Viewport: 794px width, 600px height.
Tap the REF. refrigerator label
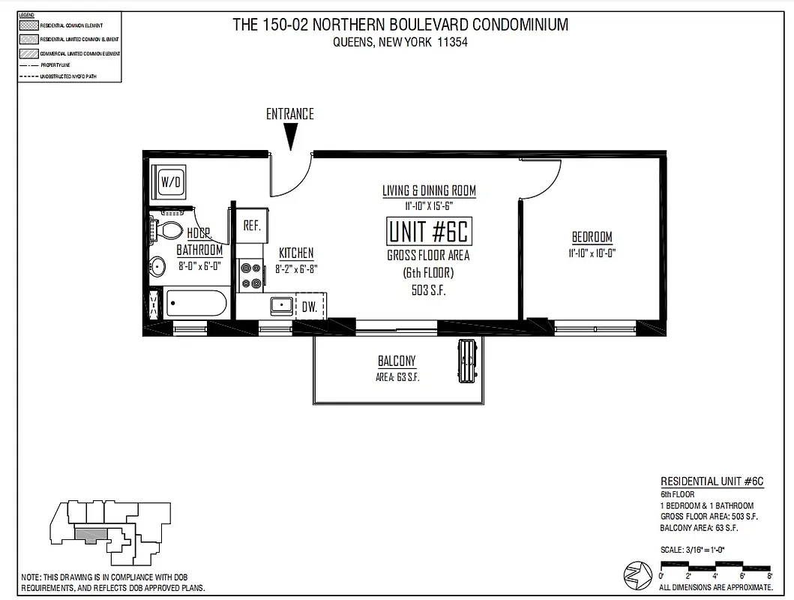[x=252, y=226]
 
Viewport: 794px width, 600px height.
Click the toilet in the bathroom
[x=169, y=230]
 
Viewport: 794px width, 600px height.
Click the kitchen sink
[x=282, y=304]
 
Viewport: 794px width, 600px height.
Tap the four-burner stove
[x=250, y=275]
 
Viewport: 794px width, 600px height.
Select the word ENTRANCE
[x=290, y=114]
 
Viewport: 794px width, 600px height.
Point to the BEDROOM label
[x=592, y=237]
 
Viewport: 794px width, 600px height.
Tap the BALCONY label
[x=397, y=361]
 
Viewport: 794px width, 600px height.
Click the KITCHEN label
[x=296, y=253]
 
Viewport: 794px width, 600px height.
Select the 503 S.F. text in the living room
[x=429, y=290]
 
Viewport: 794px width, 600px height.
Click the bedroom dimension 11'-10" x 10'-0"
[x=592, y=253]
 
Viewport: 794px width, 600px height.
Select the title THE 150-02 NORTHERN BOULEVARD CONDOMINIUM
[x=400, y=25]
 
